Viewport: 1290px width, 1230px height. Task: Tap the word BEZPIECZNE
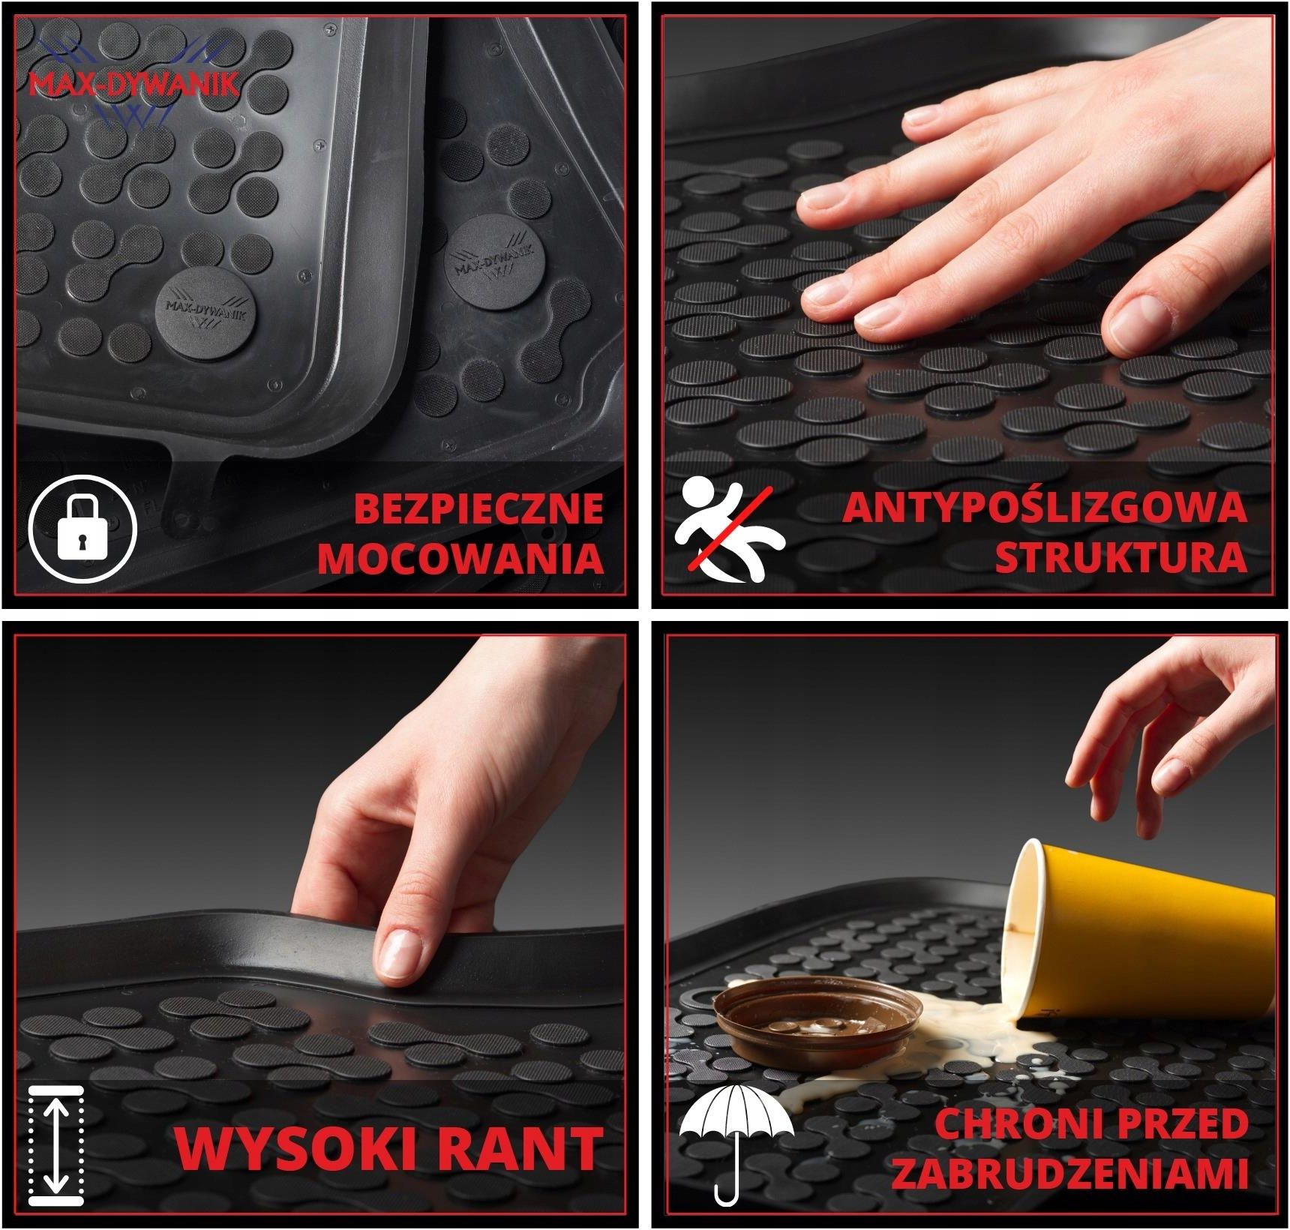coord(478,508)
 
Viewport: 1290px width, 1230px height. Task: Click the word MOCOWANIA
coord(460,559)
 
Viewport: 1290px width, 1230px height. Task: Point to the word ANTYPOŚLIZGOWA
coord(1044,508)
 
